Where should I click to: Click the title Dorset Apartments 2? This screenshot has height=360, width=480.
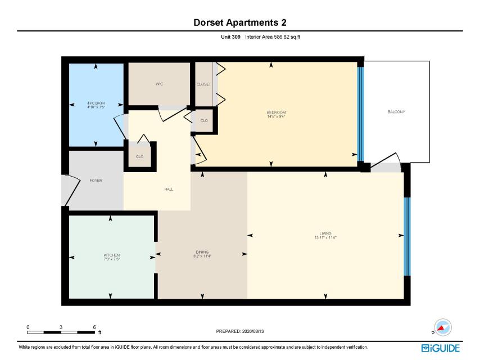coord(239,22)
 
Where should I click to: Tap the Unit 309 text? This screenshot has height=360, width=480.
coord(230,37)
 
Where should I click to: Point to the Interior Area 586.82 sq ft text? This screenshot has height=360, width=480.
coord(273,37)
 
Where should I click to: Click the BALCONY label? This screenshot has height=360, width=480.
coord(396,112)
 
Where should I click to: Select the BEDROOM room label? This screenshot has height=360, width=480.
coord(276,112)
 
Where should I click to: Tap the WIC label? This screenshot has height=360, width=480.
coord(159,84)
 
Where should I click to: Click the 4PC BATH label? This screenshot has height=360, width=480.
coord(96,103)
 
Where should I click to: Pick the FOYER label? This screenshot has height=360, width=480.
coord(96,181)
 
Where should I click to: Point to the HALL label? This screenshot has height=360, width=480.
coord(169,190)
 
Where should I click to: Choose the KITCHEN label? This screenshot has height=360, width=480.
coord(112,255)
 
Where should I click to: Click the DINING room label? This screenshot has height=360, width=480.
coord(202,252)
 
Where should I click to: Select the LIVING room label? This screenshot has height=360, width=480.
coord(325,233)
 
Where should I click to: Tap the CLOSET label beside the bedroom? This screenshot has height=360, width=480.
coord(204,84)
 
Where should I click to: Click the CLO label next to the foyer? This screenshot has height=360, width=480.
coord(139,156)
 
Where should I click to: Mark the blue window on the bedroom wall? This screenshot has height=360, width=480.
coord(361,114)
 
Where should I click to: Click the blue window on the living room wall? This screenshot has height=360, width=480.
coord(407,236)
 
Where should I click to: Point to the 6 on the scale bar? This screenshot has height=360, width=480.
coord(94,327)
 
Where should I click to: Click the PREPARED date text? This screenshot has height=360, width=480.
coord(240,331)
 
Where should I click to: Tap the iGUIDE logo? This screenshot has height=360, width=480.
coord(441,348)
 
